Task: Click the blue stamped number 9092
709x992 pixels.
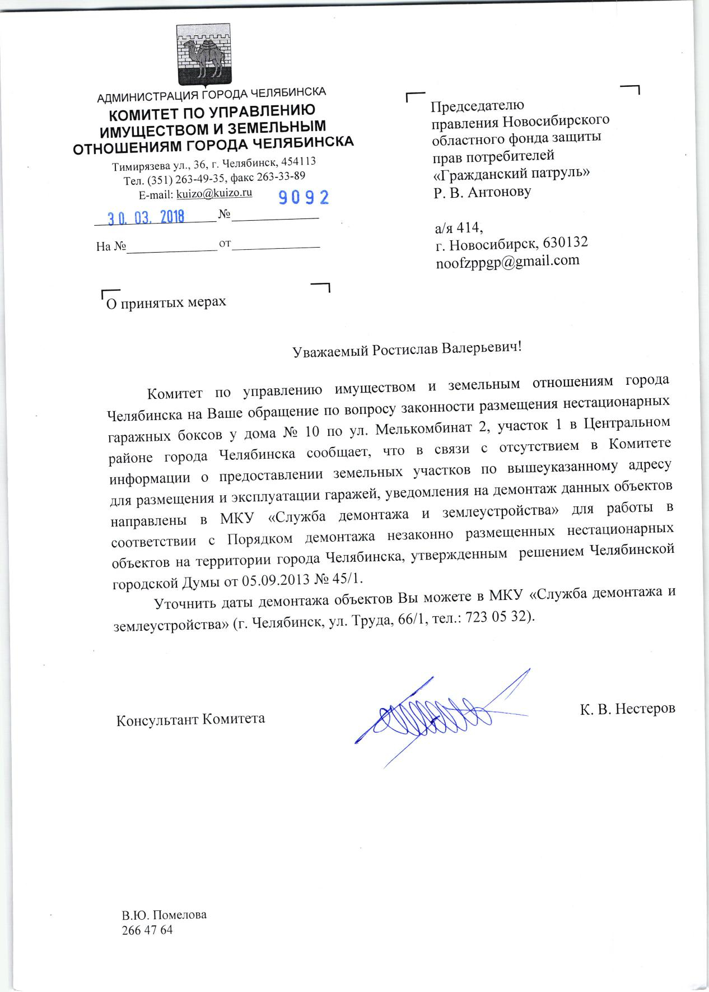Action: [304, 197]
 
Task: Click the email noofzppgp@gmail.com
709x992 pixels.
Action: [507, 260]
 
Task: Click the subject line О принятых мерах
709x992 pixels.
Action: [166, 302]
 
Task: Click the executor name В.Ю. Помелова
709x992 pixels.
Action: [164, 916]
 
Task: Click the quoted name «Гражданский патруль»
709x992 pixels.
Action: [512, 173]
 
